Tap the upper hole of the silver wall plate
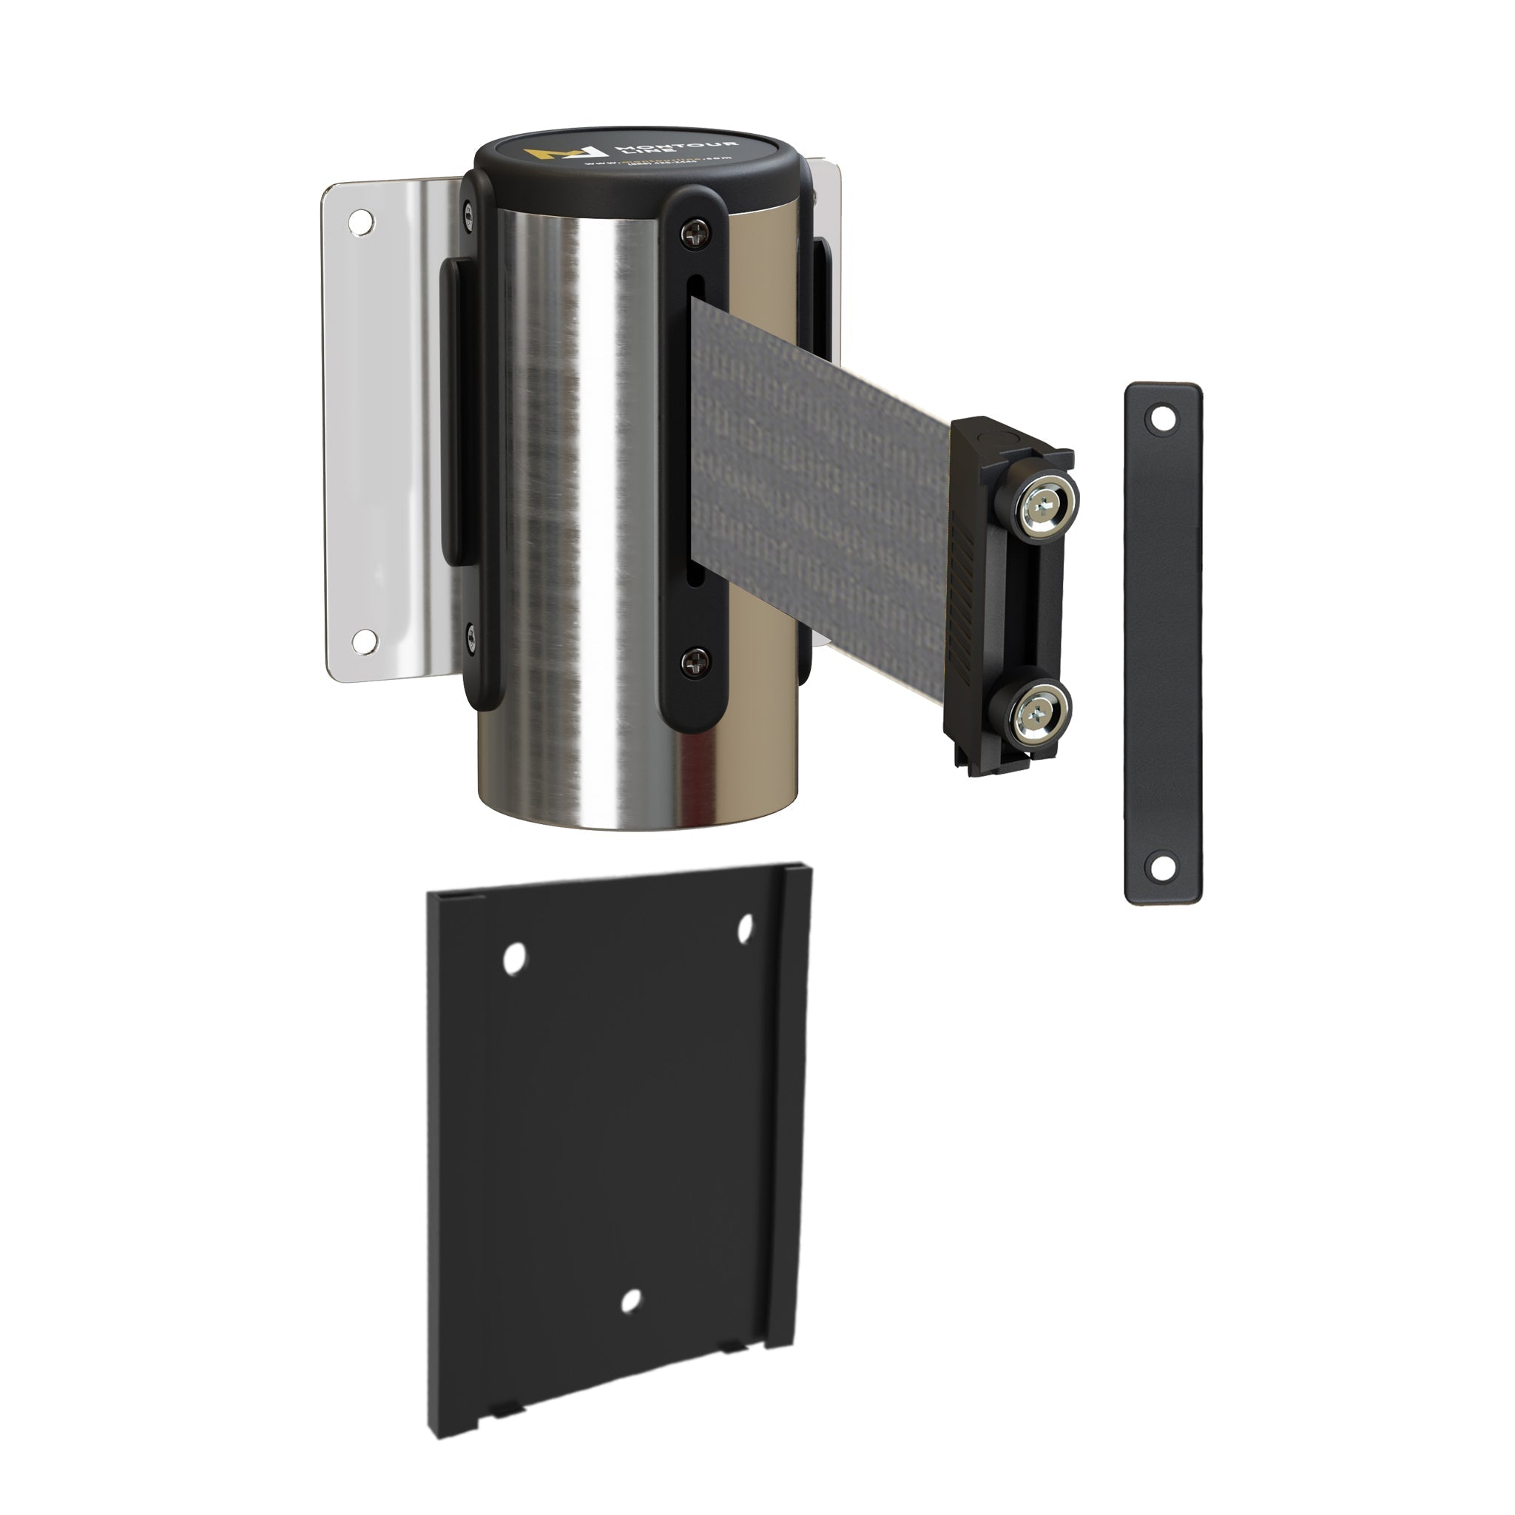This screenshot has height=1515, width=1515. (362, 222)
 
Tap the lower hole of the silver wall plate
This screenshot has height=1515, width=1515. (364, 641)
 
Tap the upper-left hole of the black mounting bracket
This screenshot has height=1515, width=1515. (514, 958)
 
